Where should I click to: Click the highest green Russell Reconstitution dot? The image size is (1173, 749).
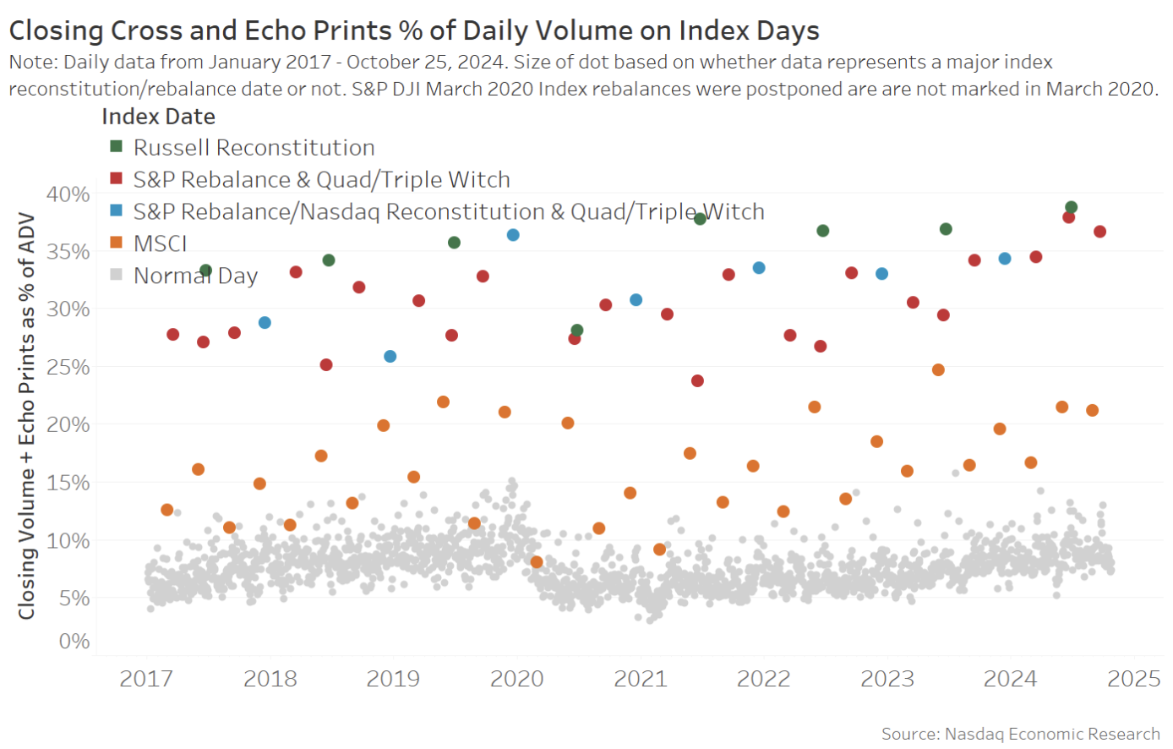coord(1071,207)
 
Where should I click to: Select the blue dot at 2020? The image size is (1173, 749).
coord(513,235)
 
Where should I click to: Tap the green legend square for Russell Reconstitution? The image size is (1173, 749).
coord(117,147)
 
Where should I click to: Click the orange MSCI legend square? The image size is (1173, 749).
coord(117,243)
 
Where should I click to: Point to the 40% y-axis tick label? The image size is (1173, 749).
coord(68,194)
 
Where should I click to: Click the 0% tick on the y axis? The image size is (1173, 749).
coord(74,642)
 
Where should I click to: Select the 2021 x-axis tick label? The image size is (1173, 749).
coord(641,679)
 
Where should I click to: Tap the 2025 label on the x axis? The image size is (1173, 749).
coord(1134,679)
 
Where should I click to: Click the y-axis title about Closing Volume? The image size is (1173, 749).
coord(27,416)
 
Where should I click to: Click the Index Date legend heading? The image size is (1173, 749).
coord(158,117)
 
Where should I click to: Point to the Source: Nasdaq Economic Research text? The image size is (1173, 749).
coord(1020,734)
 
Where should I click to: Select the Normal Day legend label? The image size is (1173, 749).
coord(195,276)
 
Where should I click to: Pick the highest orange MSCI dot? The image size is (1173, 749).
coord(938,370)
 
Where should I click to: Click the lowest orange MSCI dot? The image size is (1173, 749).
coord(536,562)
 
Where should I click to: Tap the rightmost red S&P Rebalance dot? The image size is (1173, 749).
coord(1099,232)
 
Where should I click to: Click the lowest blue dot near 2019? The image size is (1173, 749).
coord(390,357)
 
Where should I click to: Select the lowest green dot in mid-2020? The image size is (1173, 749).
coord(577,331)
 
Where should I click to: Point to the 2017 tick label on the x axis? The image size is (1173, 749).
coord(146,679)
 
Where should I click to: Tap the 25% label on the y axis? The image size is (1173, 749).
coord(68,368)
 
